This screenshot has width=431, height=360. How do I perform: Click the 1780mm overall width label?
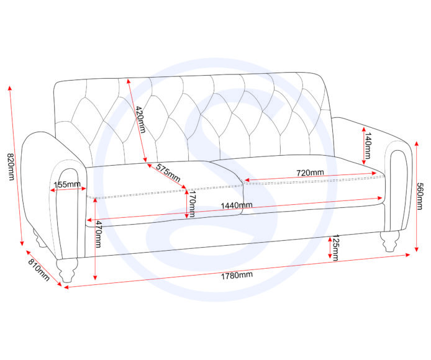click(238, 274)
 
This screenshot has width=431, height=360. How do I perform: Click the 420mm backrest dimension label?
click(140, 120)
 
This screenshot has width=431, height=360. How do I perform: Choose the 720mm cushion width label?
click(310, 173)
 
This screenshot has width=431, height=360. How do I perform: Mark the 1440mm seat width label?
click(237, 205)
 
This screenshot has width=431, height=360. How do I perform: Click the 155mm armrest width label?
click(66, 184)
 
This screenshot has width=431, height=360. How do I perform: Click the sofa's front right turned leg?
click(390, 240)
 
